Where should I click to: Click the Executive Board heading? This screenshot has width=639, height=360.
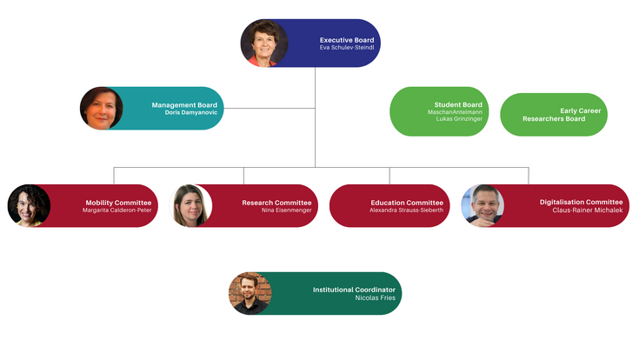[346, 40]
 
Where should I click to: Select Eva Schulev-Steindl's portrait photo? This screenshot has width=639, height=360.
[263, 43]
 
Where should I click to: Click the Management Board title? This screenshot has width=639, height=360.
[184, 105]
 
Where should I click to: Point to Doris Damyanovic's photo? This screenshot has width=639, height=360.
[102, 109]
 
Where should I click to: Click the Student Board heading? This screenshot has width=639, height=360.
[458, 104]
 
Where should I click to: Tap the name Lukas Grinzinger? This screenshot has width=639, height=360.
[459, 119]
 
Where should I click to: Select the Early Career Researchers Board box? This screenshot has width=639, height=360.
[554, 115]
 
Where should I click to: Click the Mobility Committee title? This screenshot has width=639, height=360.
[118, 202]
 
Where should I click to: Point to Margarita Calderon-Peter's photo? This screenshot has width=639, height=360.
[29, 206]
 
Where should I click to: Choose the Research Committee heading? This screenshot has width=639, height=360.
[276, 202]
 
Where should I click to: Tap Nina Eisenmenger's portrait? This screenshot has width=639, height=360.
[192, 206]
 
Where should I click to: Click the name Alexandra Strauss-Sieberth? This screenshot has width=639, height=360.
[406, 210]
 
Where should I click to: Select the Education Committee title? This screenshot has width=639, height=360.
[407, 202]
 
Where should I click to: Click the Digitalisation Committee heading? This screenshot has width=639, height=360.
[581, 202]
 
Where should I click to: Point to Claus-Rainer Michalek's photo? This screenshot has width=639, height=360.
[482, 206]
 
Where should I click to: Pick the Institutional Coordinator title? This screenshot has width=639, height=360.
[354, 289]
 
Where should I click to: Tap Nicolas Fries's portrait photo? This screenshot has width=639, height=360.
[250, 293]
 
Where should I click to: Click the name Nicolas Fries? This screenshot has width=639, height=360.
[375, 298]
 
